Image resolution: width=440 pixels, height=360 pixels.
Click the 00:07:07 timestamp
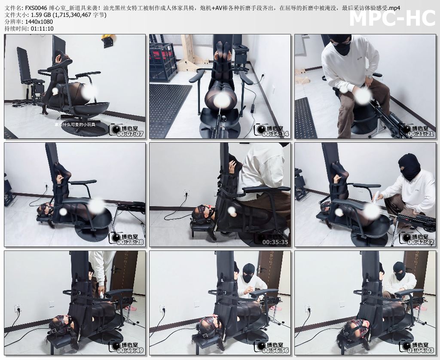pyautogui.click(x=131, y=134)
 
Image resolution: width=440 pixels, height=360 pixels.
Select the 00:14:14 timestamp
pyautogui.click(x=276, y=134)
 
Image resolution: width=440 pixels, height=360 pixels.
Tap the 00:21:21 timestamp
pyautogui.click(x=421, y=134)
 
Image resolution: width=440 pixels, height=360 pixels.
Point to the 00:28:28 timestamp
pyautogui.click(x=131, y=242)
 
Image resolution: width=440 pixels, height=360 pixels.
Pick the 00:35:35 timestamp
pyautogui.click(x=276, y=242)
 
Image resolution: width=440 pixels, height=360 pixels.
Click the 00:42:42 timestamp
pyautogui.click(x=421, y=242)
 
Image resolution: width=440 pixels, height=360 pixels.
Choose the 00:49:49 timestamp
pyautogui.click(x=131, y=350)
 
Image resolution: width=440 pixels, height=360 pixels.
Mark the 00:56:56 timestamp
pyautogui.click(x=276, y=350)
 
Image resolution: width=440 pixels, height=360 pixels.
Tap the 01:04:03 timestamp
pyautogui.click(x=421, y=350)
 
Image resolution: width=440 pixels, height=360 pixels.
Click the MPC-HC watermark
pyautogui.click(x=392, y=18)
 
